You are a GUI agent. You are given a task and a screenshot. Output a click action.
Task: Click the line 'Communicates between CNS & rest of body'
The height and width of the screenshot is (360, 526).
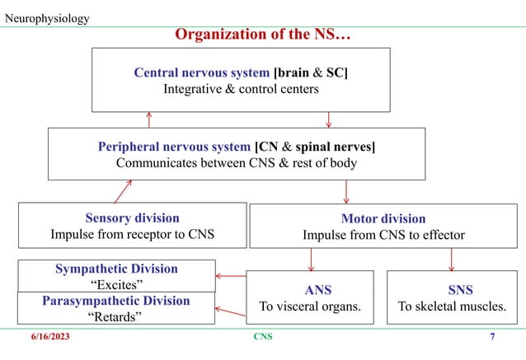(237, 162)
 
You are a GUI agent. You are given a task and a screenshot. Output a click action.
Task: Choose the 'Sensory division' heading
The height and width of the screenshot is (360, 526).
(132, 217)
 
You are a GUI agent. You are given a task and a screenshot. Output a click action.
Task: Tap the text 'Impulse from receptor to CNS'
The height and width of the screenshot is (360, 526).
(132, 234)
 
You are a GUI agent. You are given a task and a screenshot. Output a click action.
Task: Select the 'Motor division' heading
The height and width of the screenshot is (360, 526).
(383, 218)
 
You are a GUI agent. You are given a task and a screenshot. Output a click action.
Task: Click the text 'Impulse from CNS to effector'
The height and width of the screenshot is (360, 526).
(383, 235)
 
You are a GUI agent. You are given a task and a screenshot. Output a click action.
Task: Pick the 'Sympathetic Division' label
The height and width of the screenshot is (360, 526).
(116, 269)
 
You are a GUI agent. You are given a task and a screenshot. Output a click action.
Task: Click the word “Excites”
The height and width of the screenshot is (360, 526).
(116, 284)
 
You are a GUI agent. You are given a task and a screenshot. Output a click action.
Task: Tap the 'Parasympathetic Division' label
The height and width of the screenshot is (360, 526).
(116, 301)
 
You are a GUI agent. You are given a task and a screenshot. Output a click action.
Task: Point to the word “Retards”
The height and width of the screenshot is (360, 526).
(116, 316)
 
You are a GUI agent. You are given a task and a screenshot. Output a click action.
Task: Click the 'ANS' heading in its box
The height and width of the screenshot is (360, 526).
(312, 290)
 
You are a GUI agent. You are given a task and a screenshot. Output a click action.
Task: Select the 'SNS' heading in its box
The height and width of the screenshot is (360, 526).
(451, 290)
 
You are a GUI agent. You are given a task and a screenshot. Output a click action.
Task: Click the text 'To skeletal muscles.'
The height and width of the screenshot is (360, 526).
(451, 306)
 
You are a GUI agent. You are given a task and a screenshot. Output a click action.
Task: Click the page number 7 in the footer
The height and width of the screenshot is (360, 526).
(492, 337)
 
